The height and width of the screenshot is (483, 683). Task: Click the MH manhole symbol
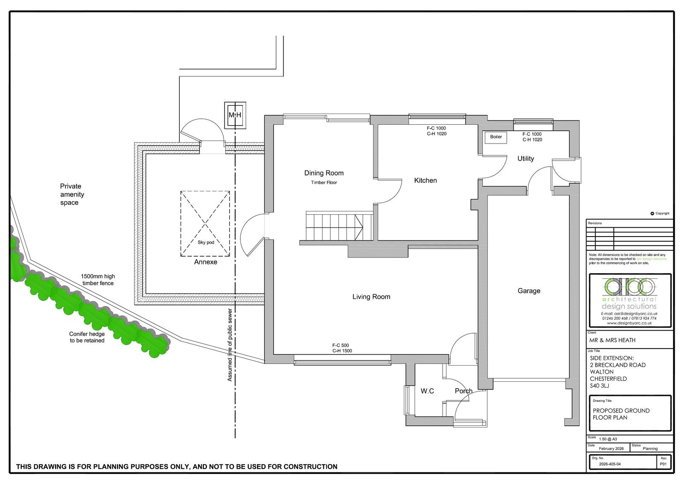[235, 115]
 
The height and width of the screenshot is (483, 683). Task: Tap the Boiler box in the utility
[496, 137]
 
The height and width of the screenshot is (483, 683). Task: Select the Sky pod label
[206, 242]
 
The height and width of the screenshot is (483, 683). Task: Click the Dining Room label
[324, 173]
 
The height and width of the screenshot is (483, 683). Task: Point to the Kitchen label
[425, 180]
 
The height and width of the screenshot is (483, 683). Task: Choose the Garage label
[529, 291]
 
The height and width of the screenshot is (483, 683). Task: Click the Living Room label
[371, 296]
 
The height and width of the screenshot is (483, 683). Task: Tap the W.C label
[427, 391]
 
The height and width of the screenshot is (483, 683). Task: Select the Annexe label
[205, 262]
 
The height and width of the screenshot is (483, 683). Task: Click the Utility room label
[525, 158]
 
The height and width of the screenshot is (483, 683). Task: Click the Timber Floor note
[324, 182]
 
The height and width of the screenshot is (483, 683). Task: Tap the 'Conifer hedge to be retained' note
[87, 337]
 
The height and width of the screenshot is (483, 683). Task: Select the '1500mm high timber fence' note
[98, 279]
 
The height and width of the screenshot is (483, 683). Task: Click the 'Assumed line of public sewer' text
[230, 345]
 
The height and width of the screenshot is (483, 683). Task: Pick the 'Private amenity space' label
[72, 194]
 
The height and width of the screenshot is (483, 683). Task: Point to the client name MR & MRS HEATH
[612, 340]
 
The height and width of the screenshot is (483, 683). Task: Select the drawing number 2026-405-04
[610, 464]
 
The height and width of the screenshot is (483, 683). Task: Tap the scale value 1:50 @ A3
[608, 439]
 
